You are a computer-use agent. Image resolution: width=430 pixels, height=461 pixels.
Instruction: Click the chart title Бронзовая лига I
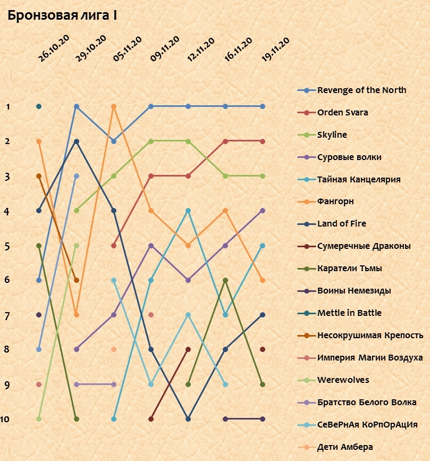[x=62, y=16]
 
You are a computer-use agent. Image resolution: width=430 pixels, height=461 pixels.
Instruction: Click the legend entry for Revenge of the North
[x=361, y=90]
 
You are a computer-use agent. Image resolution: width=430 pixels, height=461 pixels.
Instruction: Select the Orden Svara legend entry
[x=342, y=112]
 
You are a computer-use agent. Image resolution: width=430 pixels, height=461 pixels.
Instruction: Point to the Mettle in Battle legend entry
[x=349, y=313]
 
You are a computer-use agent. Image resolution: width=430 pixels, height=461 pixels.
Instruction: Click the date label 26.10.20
[x=54, y=49]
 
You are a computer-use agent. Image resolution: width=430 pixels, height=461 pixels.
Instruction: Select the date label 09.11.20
[x=164, y=49]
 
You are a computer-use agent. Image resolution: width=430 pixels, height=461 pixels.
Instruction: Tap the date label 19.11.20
[x=275, y=49]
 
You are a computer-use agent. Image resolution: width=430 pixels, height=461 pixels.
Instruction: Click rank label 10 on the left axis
[x=5, y=420]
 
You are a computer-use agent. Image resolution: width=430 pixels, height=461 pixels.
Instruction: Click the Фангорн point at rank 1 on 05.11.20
[x=114, y=106]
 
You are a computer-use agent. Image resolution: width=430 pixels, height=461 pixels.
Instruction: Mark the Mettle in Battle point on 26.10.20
[x=39, y=106]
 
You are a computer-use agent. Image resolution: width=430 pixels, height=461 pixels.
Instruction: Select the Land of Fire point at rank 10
[x=188, y=419]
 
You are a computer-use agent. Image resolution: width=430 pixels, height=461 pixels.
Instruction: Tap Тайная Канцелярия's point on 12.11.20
[x=188, y=211]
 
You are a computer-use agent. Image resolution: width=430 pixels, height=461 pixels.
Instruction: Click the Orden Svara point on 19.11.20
[x=263, y=141]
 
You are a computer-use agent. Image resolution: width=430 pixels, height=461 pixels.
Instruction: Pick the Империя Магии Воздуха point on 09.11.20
[x=151, y=315]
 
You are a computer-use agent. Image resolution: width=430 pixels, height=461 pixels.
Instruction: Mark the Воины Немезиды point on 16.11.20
[x=225, y=419]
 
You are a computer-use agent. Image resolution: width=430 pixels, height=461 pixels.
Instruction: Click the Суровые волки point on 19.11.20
[x=263, y=211]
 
